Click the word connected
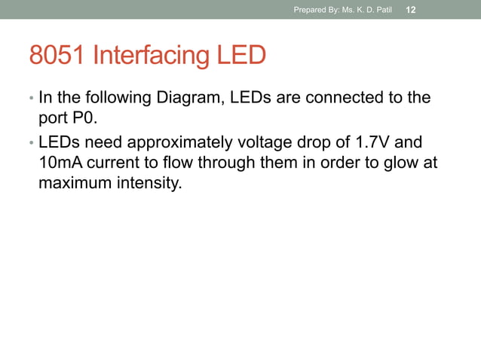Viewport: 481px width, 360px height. point(343,98)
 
